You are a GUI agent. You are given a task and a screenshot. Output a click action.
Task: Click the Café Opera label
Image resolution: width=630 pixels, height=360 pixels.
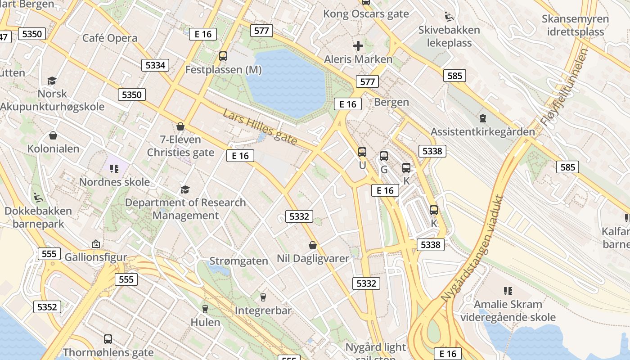click(110, 38)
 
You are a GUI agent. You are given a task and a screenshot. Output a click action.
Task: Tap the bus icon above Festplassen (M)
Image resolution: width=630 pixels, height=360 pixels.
click(223, 56)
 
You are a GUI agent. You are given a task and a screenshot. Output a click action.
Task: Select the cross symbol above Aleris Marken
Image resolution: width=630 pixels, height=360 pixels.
click(358, 45)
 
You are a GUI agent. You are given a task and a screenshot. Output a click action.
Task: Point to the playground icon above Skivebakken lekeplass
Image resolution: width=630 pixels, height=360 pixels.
click(449, 17)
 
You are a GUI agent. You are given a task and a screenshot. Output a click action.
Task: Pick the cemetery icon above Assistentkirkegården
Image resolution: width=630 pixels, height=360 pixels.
click(482, 118)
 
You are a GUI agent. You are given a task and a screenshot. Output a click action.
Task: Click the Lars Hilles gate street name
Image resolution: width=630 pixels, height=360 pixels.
click(260, 127)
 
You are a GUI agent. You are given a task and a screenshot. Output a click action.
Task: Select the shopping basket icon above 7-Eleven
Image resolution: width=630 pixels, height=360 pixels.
click(180, 126)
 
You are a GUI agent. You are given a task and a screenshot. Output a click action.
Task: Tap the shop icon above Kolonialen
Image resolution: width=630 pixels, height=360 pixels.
click(53, 135)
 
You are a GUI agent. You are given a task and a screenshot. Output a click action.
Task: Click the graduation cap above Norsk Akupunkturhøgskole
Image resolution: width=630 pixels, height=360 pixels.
click(52, 81)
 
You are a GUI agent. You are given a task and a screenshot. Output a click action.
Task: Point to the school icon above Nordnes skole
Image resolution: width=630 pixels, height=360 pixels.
click(114, 169)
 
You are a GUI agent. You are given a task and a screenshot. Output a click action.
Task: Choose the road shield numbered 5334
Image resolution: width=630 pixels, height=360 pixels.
click(155, 65)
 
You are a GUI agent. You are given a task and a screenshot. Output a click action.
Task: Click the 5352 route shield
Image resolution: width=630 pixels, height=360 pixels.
click(47, 307)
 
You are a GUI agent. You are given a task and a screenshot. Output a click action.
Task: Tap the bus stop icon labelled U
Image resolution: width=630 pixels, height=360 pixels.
click(362, 152)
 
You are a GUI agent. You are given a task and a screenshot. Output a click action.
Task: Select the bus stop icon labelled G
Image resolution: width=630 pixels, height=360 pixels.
click(384, 156)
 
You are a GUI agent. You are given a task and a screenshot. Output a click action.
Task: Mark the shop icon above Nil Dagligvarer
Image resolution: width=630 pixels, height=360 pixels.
click(313, 245)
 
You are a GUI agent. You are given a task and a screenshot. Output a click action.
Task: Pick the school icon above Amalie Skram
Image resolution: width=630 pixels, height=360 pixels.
click(508, 291)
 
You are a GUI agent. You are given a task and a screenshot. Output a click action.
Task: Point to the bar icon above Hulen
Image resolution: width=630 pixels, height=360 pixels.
click(205, 309)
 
